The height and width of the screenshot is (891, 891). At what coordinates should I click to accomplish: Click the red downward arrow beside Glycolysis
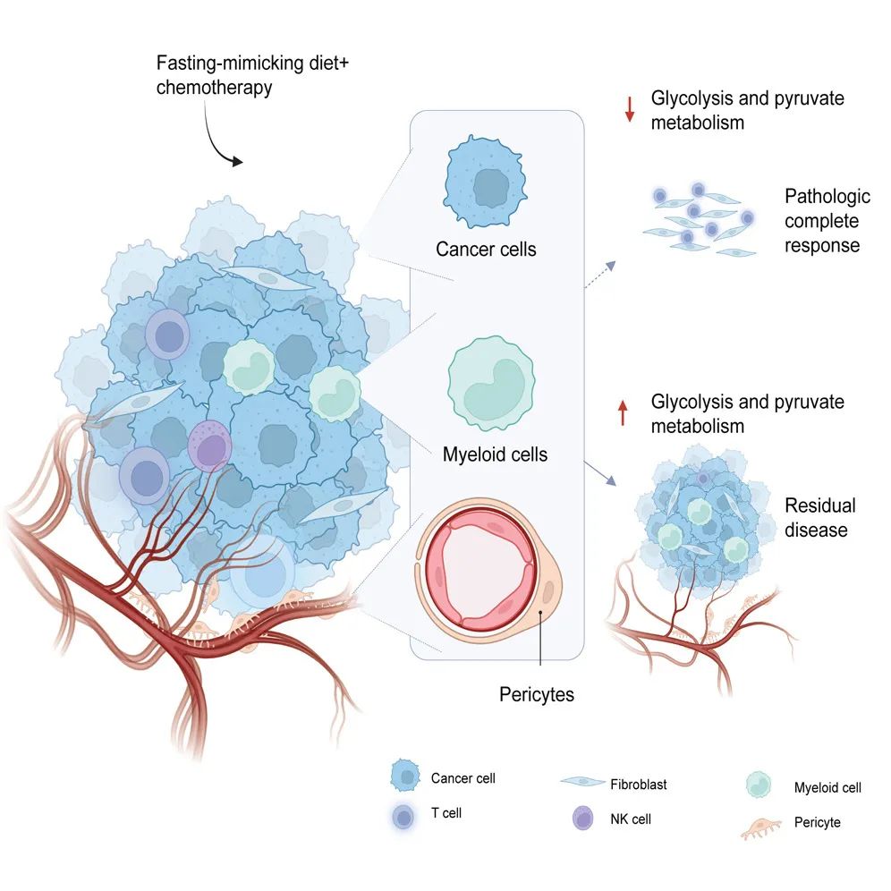tap(630, 108)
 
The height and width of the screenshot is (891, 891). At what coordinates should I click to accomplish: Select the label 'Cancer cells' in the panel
tap(486, 249)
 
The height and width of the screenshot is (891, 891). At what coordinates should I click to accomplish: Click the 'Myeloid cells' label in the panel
tap(495, 454)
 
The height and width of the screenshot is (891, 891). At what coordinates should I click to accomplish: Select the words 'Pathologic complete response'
tap(827, 220)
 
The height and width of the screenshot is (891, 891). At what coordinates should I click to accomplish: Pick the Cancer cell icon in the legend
tap(407, 777)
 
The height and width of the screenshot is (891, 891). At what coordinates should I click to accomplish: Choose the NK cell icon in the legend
tap(582, 817)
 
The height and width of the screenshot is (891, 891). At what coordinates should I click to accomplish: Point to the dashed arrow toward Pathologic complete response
tap(598, 275)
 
